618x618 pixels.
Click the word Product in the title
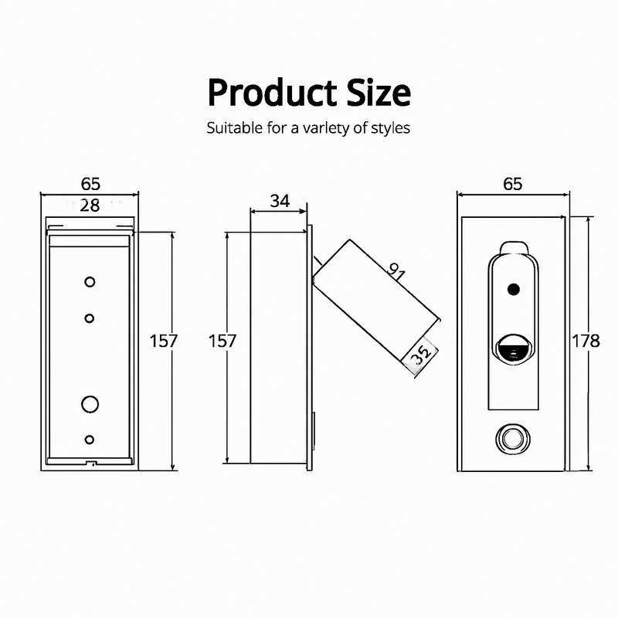point(262,93)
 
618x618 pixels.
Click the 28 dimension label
point(90,205)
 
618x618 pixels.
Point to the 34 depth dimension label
point(280,202)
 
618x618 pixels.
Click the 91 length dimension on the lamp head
point(398,271)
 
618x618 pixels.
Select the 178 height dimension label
point(586,341)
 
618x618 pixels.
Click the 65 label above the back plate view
point(90,184)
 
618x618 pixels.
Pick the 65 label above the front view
point(512,184)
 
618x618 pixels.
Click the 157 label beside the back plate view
point(164,341)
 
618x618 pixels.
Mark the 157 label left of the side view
point(222,341)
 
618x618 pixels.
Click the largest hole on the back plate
point(90,403)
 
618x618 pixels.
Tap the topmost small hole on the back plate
point(90,282)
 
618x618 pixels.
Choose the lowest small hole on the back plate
point(90,440)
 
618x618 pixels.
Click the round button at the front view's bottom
point(512,439)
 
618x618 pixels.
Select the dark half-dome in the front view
point(512,351)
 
